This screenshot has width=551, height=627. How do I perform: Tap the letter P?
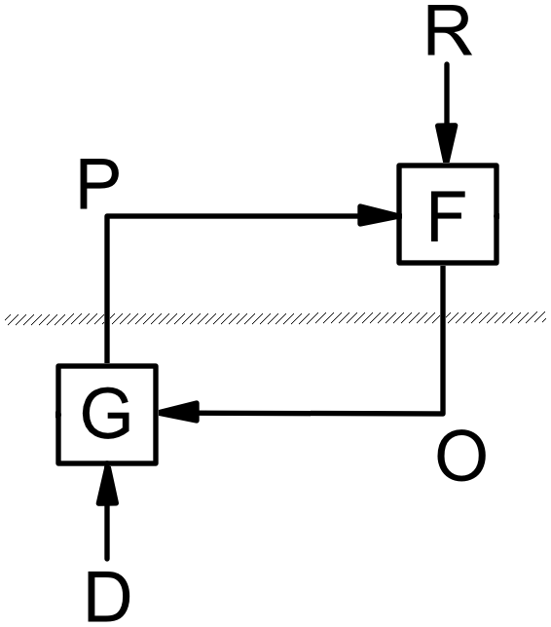[x=97, y=186]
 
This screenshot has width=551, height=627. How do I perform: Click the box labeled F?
[x=448, y=215]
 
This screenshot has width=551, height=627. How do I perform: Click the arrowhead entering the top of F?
[x=448, y=149]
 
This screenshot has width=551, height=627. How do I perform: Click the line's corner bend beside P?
[x=107, y=217]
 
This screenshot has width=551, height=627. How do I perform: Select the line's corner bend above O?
[x=445, y=413]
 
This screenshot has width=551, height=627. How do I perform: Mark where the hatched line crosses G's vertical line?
[x=107, y=317]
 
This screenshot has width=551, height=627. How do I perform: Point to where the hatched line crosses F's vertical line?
[x=445, y=317]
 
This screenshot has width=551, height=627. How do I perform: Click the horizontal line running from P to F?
[x=234, y=217]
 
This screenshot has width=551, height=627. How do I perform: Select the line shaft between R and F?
[x=448, y=97]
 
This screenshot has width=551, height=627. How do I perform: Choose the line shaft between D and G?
[x=107, y=531]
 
